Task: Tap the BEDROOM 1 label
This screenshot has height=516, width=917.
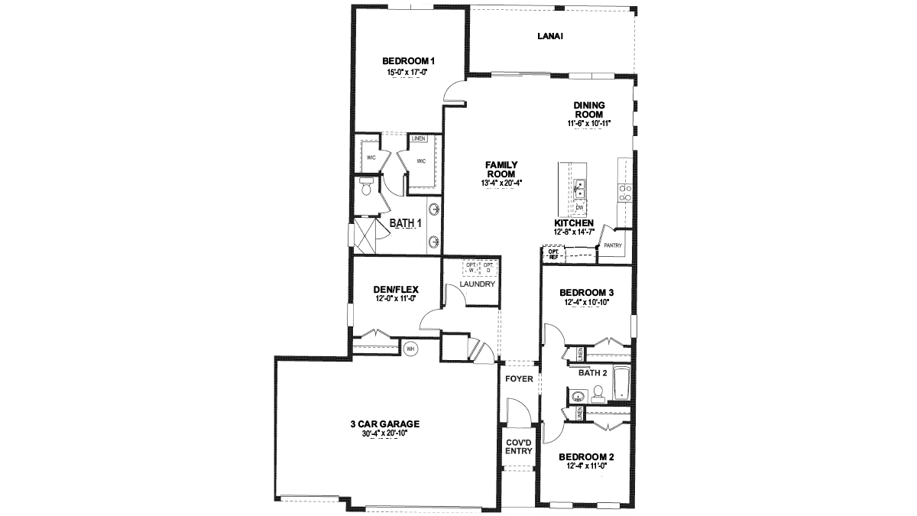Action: (x=409, y=61)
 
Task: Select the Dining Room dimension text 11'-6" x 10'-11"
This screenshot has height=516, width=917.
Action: (x=589, y=123)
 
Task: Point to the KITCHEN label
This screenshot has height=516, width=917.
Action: (x=574, y=222)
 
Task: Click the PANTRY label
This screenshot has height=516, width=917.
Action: (x=613, y=246)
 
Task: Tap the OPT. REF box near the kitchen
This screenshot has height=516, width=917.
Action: (x=553, y=254)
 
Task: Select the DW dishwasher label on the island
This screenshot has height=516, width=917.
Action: (x=580, y=207)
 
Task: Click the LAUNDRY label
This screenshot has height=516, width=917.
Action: (x=478, y=284)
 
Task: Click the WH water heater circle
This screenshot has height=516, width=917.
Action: (x=410, y=348)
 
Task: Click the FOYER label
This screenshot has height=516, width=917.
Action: (x=520, y=379)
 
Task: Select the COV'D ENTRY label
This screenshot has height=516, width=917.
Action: (x=519, y=446)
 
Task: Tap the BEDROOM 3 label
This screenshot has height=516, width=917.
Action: (x=586, y=293)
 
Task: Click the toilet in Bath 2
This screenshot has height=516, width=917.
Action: (x=598, y=394)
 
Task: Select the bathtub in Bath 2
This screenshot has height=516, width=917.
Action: (x=621, y=385)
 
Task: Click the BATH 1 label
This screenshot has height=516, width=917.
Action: (x=406, y=223)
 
